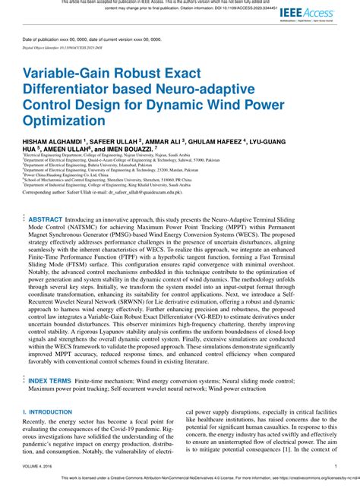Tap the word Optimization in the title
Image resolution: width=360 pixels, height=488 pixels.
point(59,120)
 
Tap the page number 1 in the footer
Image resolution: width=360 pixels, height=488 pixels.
point(336,466)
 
